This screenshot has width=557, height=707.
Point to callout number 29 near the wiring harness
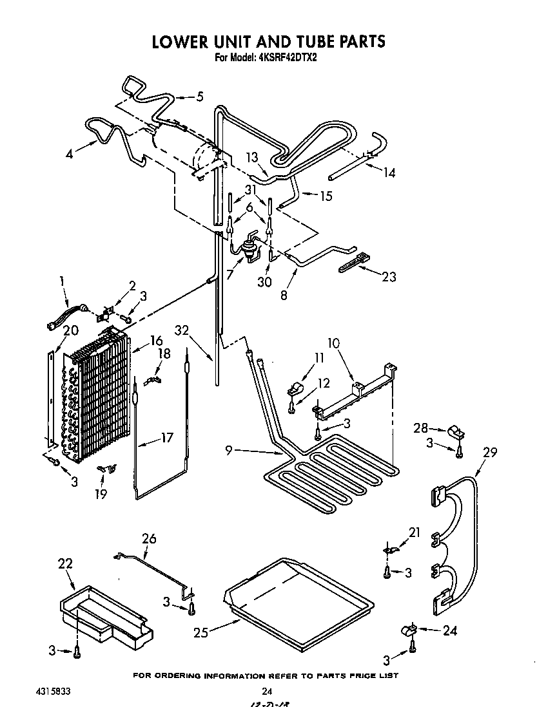coord(490,453)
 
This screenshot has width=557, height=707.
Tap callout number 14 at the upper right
coord(389,173)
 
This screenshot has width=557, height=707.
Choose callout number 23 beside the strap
coord(388,278)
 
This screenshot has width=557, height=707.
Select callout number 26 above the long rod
coord(149,538)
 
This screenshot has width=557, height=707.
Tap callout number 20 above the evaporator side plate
coord(70,330)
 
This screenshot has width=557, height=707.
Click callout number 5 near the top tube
coord(199,97)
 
